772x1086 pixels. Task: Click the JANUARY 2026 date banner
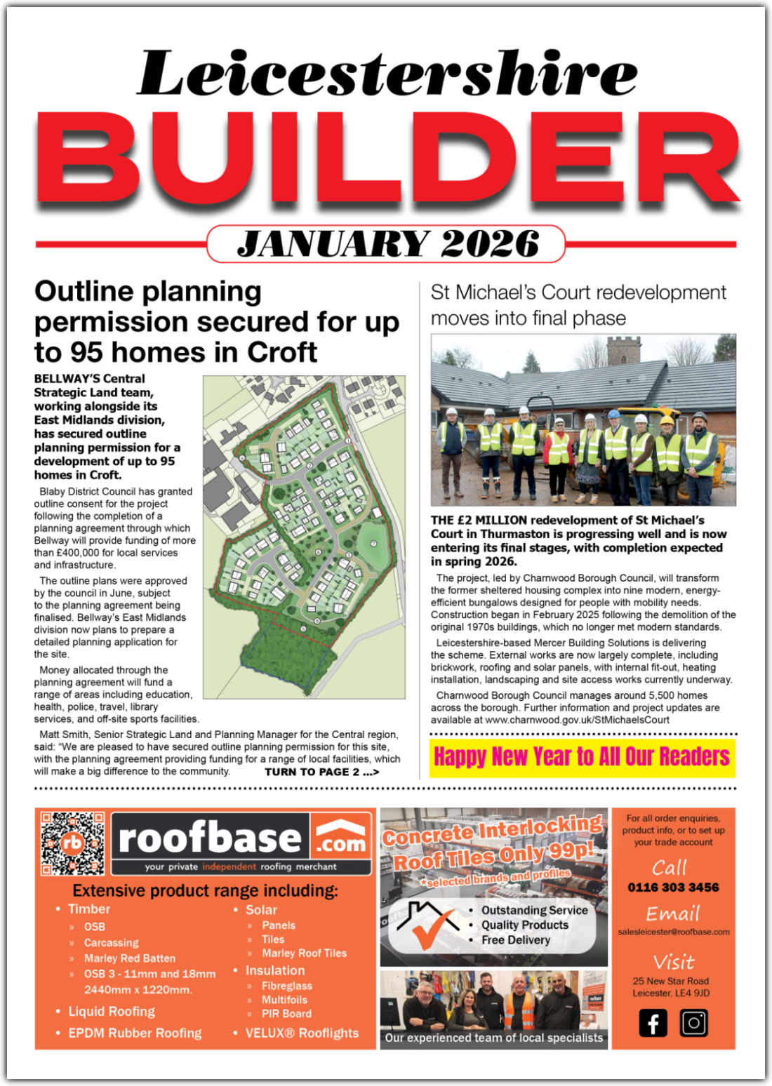pos(387,244)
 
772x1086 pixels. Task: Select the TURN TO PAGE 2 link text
pos(322,772)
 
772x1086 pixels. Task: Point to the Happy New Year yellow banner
pos(582,757)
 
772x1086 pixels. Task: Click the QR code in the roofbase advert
pos(72,843)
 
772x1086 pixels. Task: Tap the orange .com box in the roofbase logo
pos(341,838)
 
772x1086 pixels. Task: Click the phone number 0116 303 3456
pos(673,887)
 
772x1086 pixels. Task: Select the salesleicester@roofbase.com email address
pos(673,932)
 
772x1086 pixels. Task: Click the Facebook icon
pos(653,1023)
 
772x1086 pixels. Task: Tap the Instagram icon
pos(693,1023)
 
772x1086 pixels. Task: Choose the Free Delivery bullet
pos(515,940)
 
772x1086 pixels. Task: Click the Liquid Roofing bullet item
pos(111,1012)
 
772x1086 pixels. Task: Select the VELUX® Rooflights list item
pos(302,1033)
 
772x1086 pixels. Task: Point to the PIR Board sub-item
pos(286,1014)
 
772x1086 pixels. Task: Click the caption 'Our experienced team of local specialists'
pos(493,1038)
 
